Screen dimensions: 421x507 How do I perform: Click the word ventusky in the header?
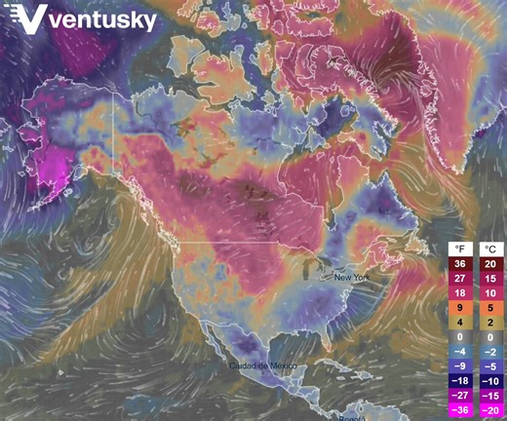(105, 20)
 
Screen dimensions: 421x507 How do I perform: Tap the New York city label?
(354, 278)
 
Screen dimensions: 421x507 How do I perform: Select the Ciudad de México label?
(261, 365)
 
